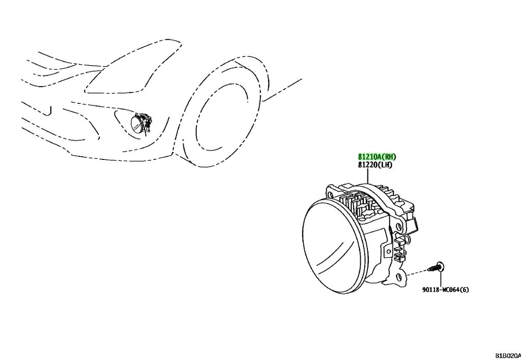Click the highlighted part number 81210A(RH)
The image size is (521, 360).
(377, 156)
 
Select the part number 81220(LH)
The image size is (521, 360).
(375, 165)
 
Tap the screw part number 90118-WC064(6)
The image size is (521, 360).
(446, 290)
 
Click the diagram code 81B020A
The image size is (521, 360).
(508, 356)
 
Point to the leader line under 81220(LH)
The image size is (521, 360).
(368, 177)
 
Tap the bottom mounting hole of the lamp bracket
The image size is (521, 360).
(399, 276)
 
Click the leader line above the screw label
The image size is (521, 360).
(441, 279)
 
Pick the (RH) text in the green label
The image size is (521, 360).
(390, 156)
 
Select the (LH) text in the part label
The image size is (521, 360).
(386, 165)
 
